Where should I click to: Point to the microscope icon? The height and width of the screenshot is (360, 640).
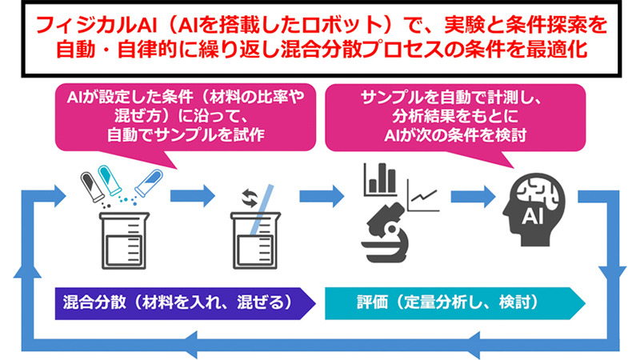[390, 227]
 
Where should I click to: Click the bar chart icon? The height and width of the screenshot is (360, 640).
[381, 179]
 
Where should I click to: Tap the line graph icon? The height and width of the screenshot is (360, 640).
[423, 192]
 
